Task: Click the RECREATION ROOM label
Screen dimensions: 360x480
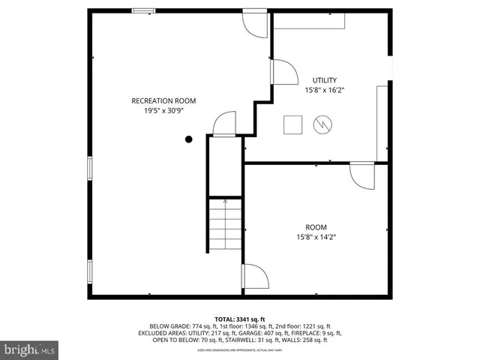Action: [x=163, y=100]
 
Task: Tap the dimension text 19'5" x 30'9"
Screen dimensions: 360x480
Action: [x=163, y=110]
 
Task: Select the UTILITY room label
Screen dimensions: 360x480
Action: [x=325, y=80]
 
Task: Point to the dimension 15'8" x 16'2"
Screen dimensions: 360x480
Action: [x=325, y=90]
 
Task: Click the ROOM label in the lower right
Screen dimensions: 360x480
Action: [x=316, y=227]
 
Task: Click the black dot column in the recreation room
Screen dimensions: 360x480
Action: [x=189, y=139]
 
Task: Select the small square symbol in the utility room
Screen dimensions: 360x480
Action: [x=292, y=125]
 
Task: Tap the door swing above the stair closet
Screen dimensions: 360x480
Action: [x=224, y=124]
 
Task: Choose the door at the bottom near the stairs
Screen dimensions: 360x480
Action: [x=254, y=277]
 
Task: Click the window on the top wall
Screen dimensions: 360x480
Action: [x=144, y=10]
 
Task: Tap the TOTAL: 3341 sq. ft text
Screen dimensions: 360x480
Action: [x=240, y=319]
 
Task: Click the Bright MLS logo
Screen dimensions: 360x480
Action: [x=29, y=349]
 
